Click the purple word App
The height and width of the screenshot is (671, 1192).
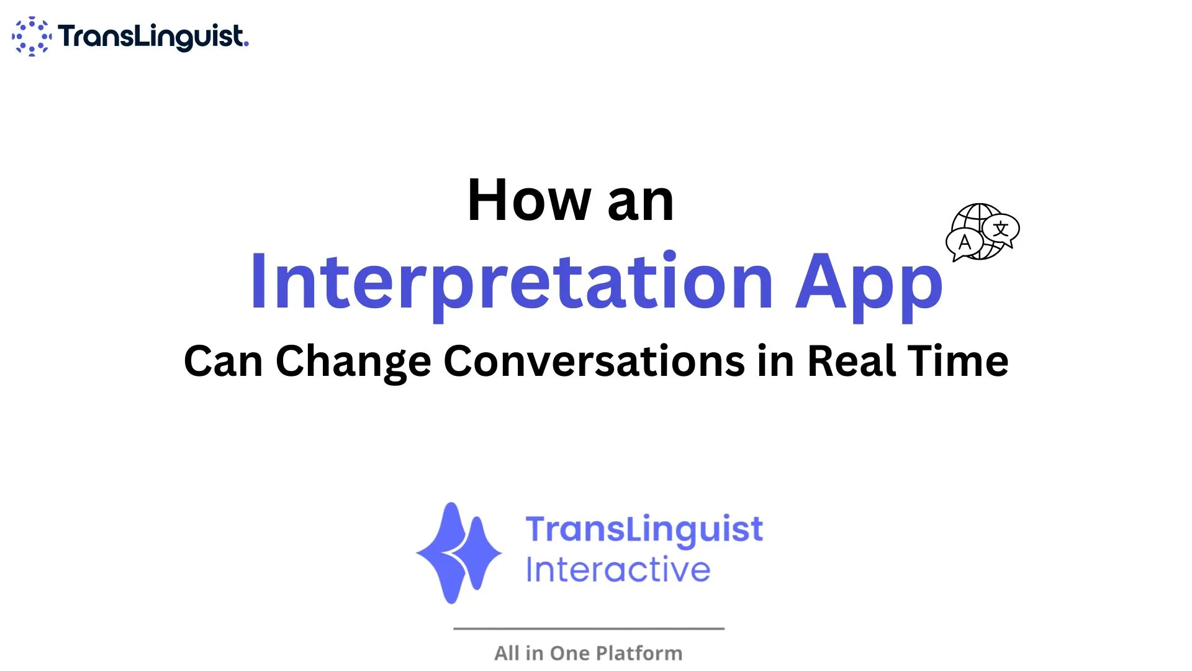pos(869,285)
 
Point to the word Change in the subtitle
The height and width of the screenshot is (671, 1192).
pos(353,362)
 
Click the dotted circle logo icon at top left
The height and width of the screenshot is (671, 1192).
pos(32,37)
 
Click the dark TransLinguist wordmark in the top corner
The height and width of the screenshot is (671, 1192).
pos(153,37)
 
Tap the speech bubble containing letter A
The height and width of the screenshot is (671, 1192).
pos(964,244)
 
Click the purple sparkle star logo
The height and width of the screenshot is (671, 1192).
pos(459,553)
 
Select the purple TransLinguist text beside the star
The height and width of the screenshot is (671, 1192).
pos(644,530)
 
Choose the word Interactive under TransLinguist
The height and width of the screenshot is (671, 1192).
pos(618,569)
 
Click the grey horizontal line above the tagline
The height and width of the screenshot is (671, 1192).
pos(589,629)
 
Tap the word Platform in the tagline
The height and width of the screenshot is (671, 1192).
pos(639,653)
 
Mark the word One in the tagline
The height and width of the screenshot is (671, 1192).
pos(569,653)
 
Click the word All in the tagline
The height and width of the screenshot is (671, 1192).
pos(507,653)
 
